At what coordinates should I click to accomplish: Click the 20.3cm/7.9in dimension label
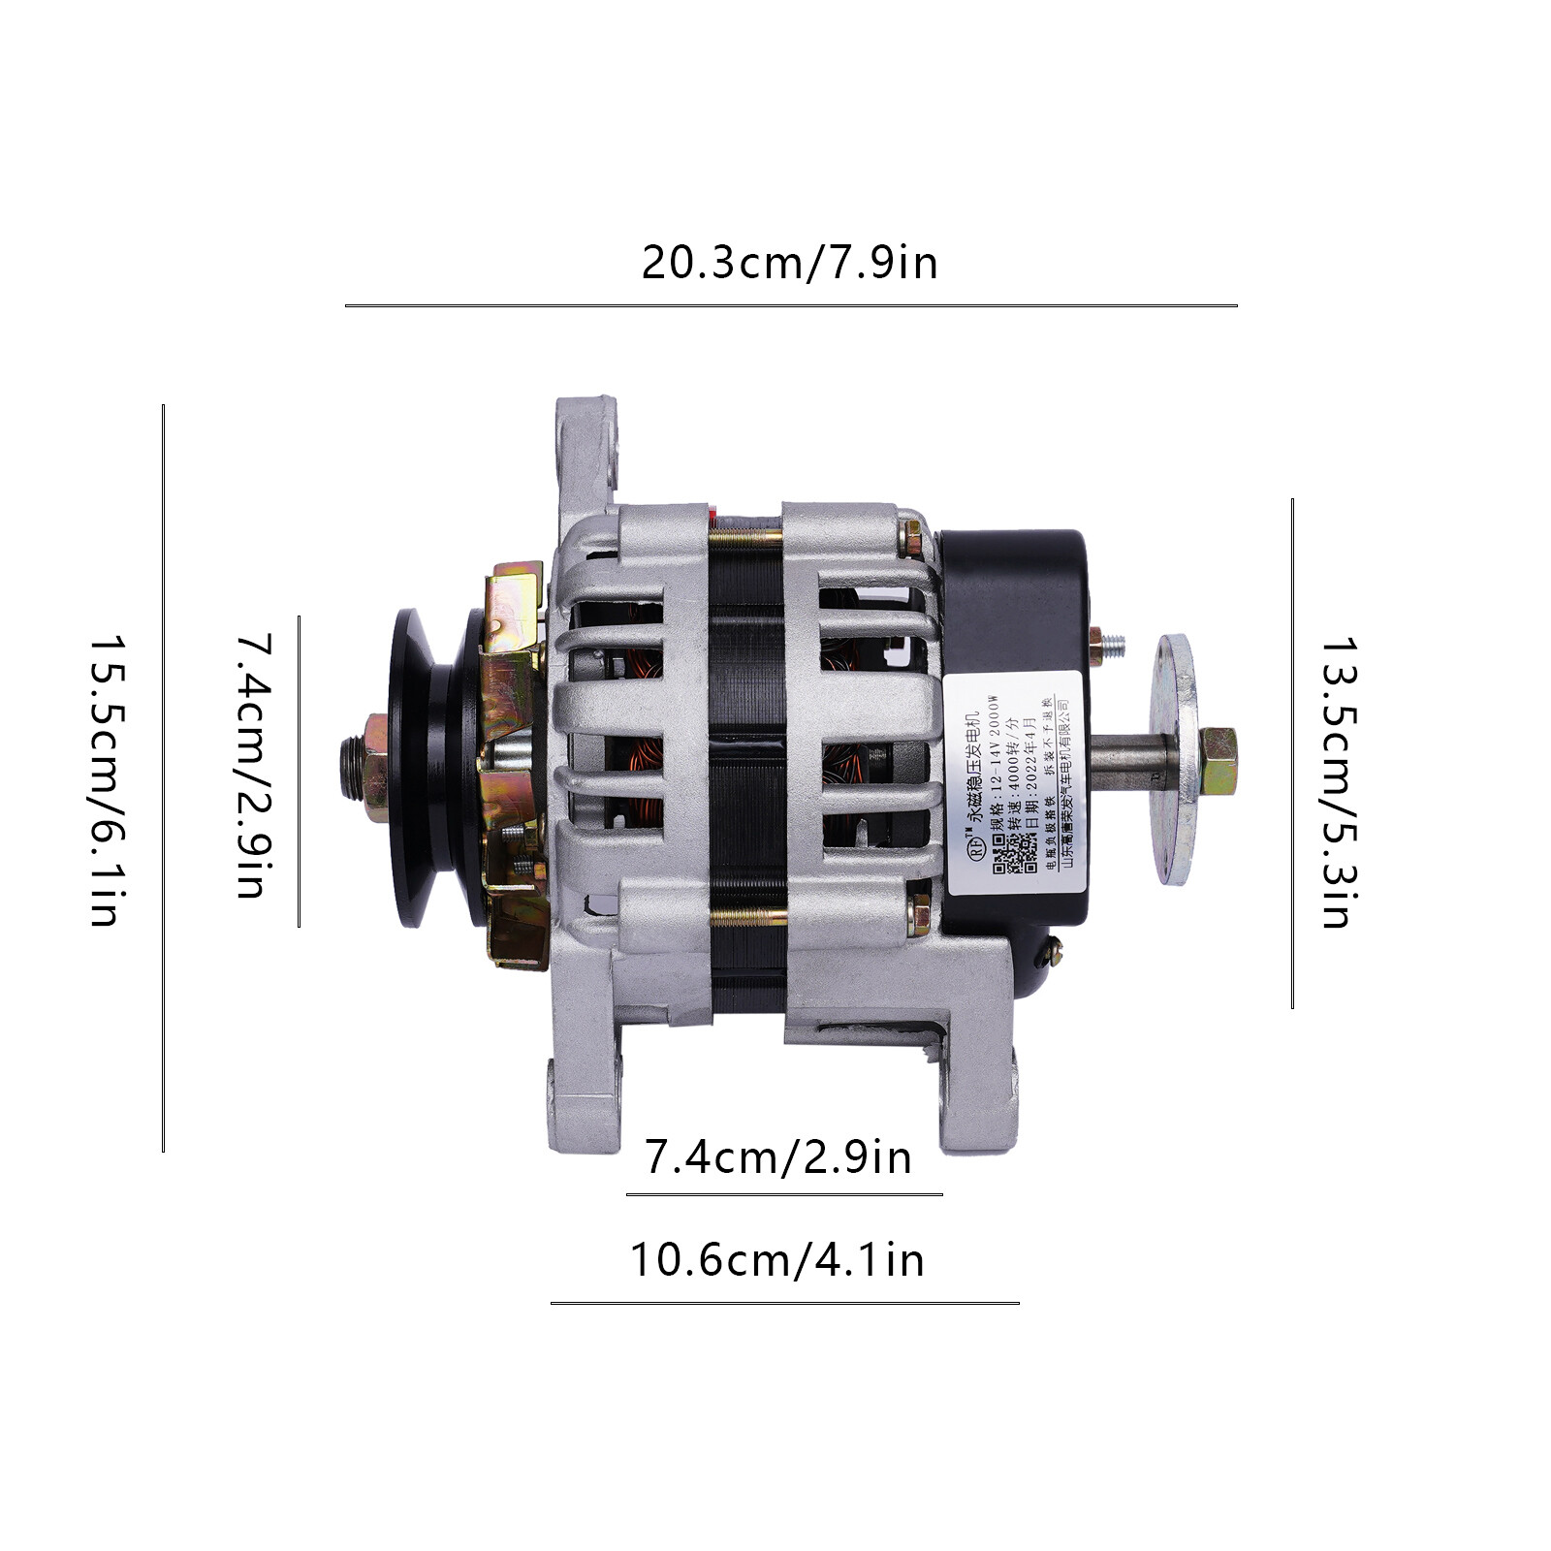coord(789,264)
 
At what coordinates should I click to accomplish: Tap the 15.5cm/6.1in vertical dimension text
coord(104,780)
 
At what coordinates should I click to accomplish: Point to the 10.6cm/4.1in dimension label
coord(777,1260)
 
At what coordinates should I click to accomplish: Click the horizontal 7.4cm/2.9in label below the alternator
coord(777,1157)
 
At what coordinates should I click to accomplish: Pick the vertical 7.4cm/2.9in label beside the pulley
coord(252,766)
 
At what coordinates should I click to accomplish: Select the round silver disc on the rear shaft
coord(1176,760)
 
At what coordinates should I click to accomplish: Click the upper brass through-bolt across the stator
coord(746,534)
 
